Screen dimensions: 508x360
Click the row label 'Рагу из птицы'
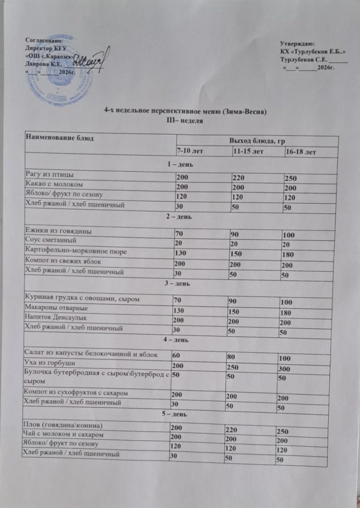coord(50,174)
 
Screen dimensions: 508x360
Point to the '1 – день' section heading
coord(181,164)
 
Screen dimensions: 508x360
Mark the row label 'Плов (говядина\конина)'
coord(60,424)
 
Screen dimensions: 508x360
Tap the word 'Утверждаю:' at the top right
coord(297,45)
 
